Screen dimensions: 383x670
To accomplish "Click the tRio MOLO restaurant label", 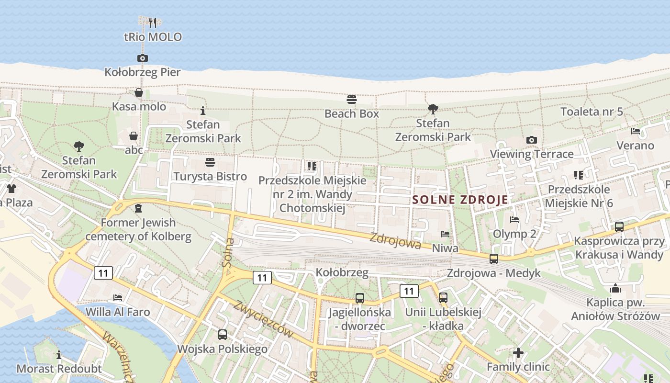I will coord(153,37).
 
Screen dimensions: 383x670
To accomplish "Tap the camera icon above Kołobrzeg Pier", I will coord(142,58).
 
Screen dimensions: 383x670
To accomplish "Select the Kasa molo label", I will coord(139,106).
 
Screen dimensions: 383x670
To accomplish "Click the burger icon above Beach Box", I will coord(352,100).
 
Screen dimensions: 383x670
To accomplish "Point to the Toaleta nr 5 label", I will coord(592,112).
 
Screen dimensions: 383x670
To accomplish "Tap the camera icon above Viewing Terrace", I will coord(531,140).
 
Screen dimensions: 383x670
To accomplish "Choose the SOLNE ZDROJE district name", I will coord(460,200).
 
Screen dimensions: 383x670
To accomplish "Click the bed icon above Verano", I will coord(636,131).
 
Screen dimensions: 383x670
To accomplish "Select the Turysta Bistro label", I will coord(210,176).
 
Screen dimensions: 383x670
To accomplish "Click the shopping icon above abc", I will coord(134,136).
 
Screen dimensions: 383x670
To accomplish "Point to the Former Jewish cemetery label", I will coord(138,229).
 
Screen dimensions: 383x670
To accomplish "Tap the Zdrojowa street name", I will coord(395,240).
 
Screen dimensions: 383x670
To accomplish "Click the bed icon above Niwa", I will coord(445,234).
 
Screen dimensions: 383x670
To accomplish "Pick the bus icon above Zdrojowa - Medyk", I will coord(494,259).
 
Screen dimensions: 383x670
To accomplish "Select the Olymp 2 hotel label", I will coord(514,234).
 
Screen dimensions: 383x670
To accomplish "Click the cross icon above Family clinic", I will coord(518,353).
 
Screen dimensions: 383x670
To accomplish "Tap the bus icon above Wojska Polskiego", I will coord(223,335).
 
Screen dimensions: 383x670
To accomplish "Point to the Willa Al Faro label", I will coord(118,312).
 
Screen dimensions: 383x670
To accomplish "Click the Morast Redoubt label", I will coord(59,369).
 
